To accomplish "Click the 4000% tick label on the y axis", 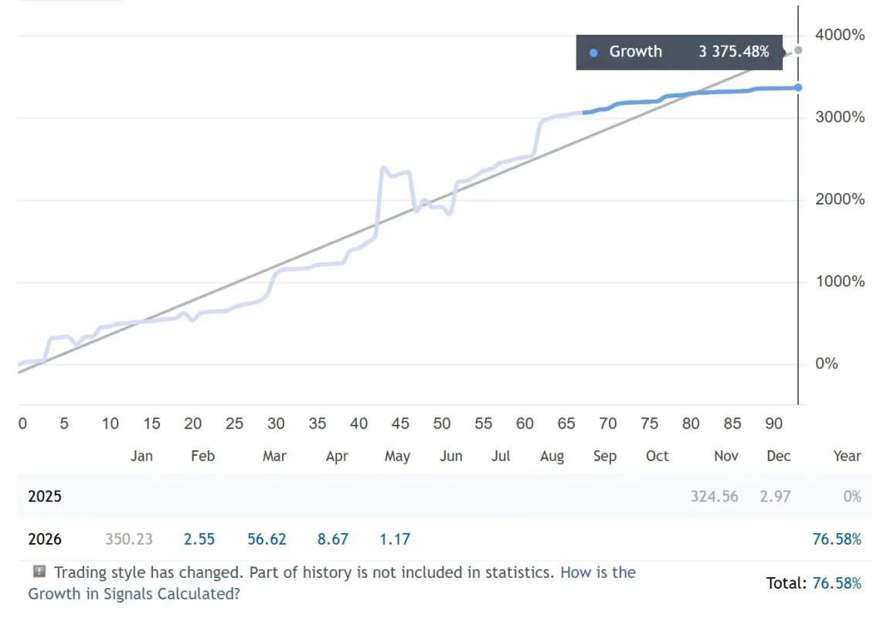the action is tap(839, 35).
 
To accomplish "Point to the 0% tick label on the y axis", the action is tap(827, 364).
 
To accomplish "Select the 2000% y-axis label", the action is tap(839, 199).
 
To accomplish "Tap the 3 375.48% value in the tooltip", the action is tap(734, 52).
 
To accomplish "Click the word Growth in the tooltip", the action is tap(635, 52).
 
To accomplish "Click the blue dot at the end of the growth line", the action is tap(798, 87).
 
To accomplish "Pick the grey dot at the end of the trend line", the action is tap(798, 50).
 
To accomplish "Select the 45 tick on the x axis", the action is tap(400, 423).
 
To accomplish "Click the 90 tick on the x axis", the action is tap(773, 423).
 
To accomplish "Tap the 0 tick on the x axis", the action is tap(22, 423).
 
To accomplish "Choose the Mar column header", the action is tap(274, 456).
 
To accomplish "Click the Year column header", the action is tap(847, 456).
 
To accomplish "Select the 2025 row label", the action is tap(45, 497).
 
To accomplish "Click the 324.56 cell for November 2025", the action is tap(714, 497).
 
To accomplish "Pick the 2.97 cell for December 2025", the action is tap(775, 497).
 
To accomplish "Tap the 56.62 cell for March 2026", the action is tap(267, 539).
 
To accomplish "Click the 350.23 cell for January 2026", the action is tap(129, 539).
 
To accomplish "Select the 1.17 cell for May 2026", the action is tap(395, 539).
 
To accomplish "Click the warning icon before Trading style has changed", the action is tap(39, 571).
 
